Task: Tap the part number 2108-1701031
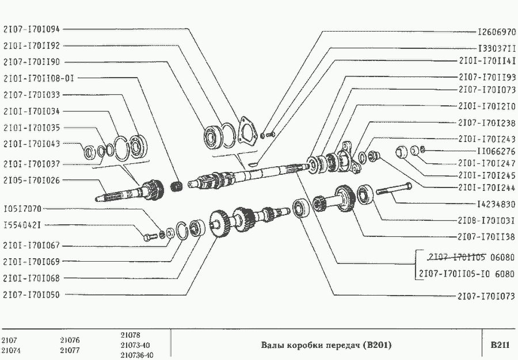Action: click(486, 220)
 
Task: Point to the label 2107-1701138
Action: click(486, 236)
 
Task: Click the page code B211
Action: click(500, 345)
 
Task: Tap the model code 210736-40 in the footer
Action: click(137, 355)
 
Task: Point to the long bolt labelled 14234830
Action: click(394, 189)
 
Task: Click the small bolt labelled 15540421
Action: click(149, 235)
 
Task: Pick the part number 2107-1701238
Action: click(486, 122)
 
